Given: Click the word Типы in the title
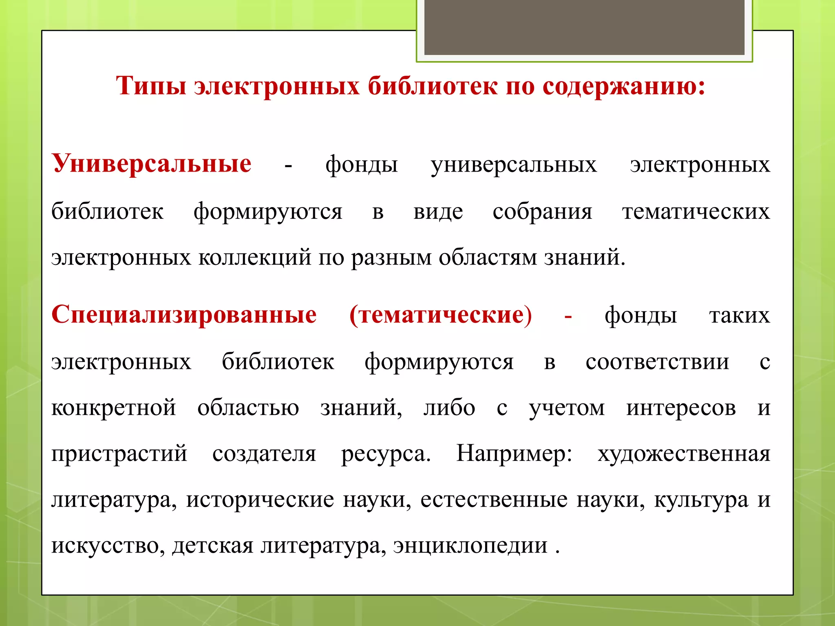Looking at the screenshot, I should pyautogui.click(x=151, y=86).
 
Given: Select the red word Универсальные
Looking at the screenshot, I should pyautogui.click(x=152, y=164).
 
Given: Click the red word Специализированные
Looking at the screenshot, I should pyautogui.click(x=184, y=315).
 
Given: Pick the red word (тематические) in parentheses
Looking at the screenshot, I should pyautogui.click(x=441, y=315).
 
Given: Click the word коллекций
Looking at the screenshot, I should pyautogui.click(x=255, y=258).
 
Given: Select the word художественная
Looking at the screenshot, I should pyautogui.click(x=684, y=453).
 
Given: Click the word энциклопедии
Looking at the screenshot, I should pyautogui.click(x=470, y=545).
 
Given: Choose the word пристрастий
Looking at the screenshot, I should pyautogui.click(x=119, y=453).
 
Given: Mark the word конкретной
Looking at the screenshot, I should pyautogui.click(x=113, y=408).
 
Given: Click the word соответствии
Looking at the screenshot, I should pyautogui.click(x=657, y=361).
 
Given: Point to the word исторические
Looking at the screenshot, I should pyautogui.click(x=260, y=500).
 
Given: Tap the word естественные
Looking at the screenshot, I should pyautogui.click(x=494, y=500).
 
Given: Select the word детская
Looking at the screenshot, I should pyautogui.click(x=213, y=545).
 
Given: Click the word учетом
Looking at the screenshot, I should pyautogui.click(x=567, y=408).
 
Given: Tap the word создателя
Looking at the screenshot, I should pyautogui.click(x=264, y=453).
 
